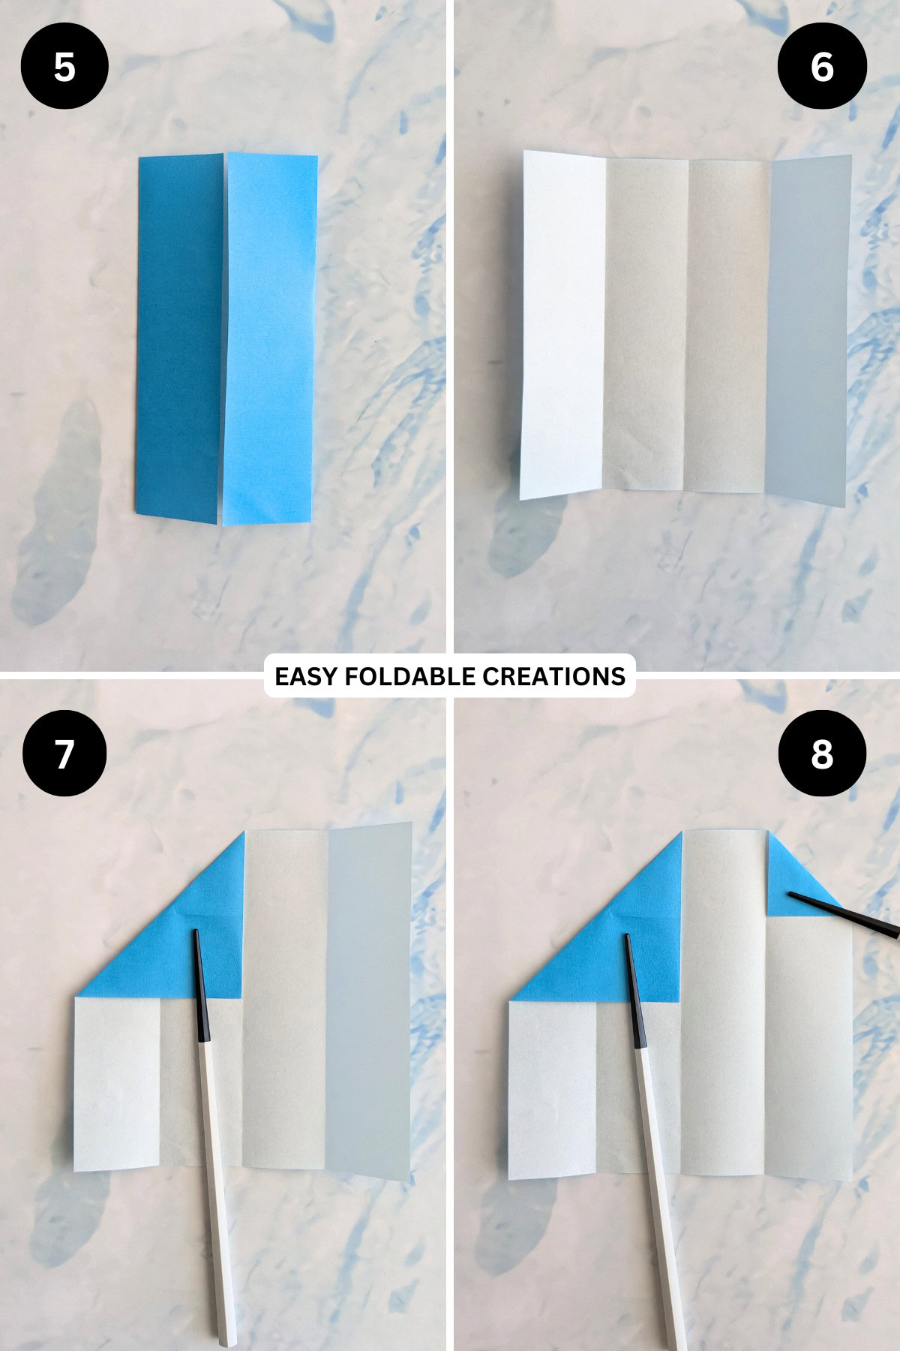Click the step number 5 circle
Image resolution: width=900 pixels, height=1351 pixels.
coord(64,66)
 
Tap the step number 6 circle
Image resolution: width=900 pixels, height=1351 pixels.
coord(822,66)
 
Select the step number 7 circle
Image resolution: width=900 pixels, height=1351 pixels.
coord(64,753)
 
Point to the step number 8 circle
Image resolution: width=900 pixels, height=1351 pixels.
coord(822,753)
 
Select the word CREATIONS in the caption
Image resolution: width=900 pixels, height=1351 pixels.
coord(553,676)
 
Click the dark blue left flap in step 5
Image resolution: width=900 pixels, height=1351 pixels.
coord(180,338)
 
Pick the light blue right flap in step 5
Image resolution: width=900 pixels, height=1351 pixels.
coord(268,338)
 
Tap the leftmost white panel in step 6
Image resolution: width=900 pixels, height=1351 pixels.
coord(562,323)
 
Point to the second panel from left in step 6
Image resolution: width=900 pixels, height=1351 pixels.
coord(645,323)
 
